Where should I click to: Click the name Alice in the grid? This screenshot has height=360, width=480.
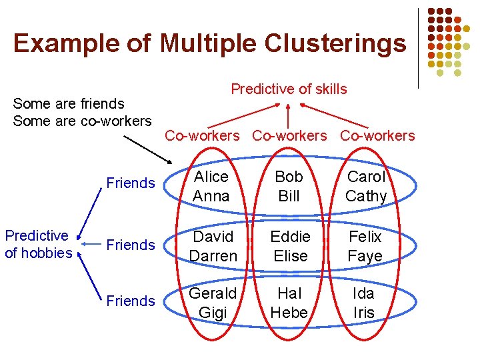(211, 177)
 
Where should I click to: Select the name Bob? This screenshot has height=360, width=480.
(289, 177)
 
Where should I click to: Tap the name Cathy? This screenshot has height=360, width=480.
(366, 196)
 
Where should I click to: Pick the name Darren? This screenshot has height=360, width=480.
(213, 256)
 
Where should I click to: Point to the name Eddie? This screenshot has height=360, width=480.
(290, 237)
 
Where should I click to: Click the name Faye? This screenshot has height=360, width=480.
(365, 256)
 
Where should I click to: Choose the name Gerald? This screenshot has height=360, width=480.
(213, 293)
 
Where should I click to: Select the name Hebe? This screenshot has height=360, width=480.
(289, 313)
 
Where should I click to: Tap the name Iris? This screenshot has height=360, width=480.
(365, 313)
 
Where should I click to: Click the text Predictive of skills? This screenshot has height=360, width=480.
(289, 89)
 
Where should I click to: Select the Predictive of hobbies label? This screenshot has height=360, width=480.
(38, 244)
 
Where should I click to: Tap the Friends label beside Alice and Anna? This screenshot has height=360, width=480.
(131, 183)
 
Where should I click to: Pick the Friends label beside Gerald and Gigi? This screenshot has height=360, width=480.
(131, 301)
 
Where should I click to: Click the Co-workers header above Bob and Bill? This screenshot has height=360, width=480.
(289, 136)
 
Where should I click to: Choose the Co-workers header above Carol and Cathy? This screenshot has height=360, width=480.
(377, 136)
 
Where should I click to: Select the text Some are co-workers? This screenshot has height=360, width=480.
(82, 121)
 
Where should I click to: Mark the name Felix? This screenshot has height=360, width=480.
(365, 237)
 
